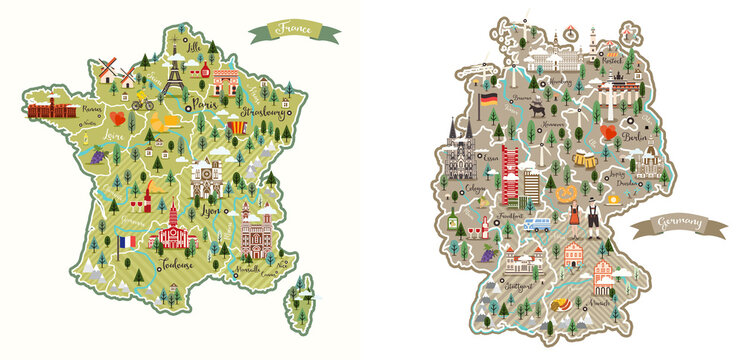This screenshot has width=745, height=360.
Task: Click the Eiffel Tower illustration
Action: point(174,72)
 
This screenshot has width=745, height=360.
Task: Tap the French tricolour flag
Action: point(127,242)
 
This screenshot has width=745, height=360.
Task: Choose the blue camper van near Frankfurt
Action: point(538,224)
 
